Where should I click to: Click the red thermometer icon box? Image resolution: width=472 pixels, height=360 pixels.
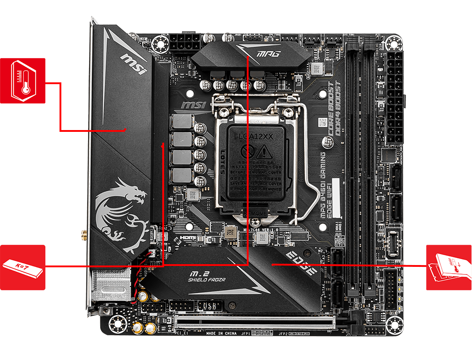click(22, 81)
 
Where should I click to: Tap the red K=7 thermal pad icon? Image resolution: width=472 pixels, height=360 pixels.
click(22, 267)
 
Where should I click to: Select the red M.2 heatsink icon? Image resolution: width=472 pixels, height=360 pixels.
click(449, 267)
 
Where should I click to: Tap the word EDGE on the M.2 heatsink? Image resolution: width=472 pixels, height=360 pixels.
click(301, 263)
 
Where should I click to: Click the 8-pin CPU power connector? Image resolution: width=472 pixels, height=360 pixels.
click(183, 45)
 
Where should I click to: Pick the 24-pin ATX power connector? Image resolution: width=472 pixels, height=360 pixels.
click(395, 96)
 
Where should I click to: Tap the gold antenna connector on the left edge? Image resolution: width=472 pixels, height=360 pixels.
click(84, 234)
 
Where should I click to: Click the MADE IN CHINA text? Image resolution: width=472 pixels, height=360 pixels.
click(222, 333)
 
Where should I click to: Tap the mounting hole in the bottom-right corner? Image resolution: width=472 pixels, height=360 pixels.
click(394, 323)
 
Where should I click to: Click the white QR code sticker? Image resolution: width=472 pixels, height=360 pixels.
click(322, 122)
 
